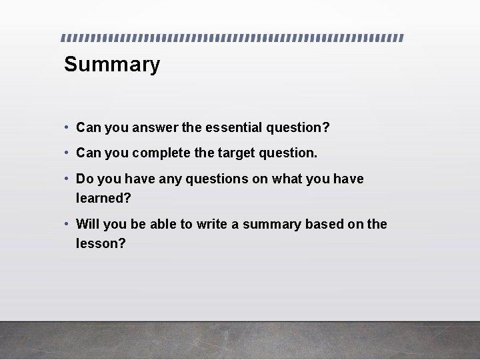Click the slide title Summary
click(x=112, y=65)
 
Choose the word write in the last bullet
click(x=212, y=224)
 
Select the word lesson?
click(x=101, y=243)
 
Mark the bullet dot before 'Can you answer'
click(x=67, y=127)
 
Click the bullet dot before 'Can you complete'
click(x=67, y=153)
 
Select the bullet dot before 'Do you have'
click(x=67, y=179)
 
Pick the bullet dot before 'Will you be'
click(x=67, y=224)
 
